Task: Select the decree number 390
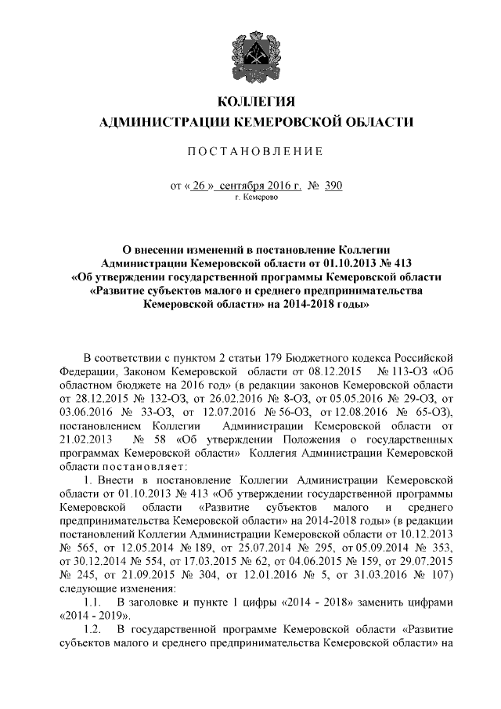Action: [x=333, y=186]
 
